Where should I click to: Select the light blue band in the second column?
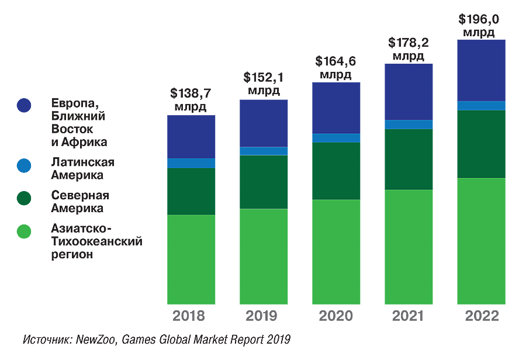[x=263, y=151]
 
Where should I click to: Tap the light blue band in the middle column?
[x=336, y=138]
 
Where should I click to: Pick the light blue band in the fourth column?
[x=409, y=124]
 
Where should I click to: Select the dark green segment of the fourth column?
[x=409, y=159]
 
